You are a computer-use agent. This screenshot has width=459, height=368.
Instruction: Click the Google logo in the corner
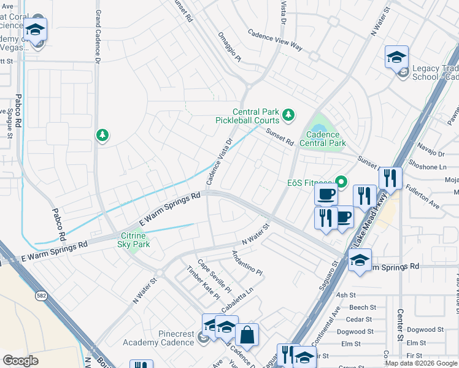[20, 361]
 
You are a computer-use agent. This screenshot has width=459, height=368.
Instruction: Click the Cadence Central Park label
[323, 139]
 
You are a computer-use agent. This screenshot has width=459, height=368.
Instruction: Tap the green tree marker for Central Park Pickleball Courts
[287, 114]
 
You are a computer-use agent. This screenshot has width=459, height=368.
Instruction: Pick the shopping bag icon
[247, 335]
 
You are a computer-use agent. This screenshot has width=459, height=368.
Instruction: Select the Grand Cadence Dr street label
[97, 29]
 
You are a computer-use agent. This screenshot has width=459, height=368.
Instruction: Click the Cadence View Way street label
[276, 40]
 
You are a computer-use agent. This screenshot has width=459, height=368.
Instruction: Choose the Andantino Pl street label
[247, 263]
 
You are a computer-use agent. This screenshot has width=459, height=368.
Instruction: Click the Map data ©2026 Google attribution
[421, 363]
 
